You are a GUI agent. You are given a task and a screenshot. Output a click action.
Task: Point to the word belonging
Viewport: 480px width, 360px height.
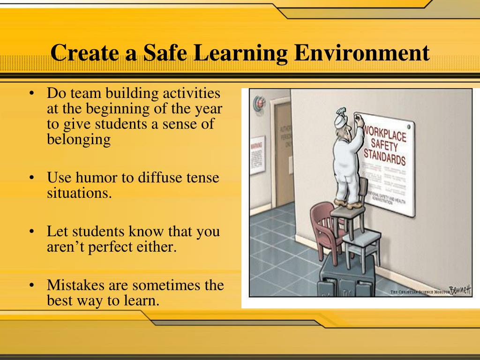pos(79,139)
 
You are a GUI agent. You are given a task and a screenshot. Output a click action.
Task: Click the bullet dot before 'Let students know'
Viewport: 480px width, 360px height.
pos(31,232)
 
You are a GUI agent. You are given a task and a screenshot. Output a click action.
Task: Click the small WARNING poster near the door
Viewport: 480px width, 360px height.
pos(257,154)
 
